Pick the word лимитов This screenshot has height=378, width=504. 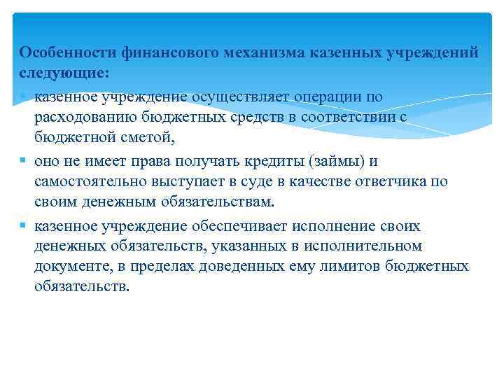click(x=342, y=267)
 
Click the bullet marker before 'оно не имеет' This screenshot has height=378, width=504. click(x=23, y=162)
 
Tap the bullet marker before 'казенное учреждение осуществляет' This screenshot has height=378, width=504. click(x=23, y=96)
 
